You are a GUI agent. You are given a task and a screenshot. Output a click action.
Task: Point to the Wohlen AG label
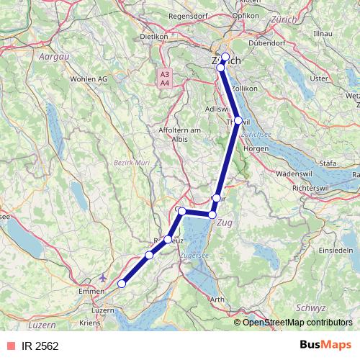click(89, 78)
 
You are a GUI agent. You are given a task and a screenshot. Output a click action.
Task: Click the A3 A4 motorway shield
click(165, 78)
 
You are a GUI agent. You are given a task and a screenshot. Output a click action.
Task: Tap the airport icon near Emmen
click(103, 276)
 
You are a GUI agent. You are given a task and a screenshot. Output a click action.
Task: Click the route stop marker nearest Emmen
click(122, 284)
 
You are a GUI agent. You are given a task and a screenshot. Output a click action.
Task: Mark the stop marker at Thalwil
click(238, 120)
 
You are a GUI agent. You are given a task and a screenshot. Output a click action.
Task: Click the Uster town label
click(318, 78)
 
